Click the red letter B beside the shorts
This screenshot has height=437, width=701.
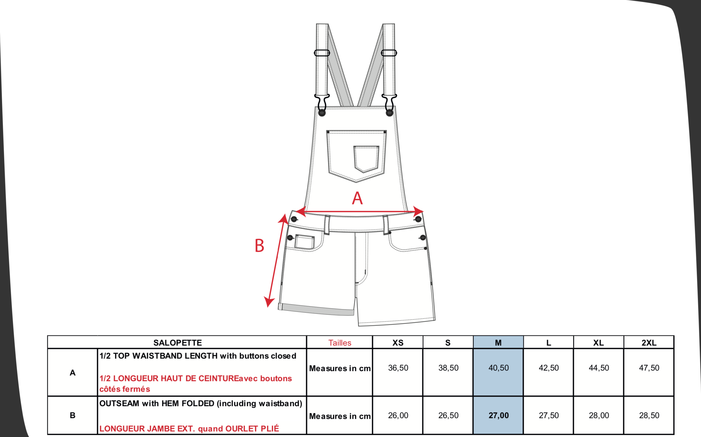(259, 246)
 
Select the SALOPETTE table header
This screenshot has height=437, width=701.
(177, 343)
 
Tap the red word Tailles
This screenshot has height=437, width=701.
(340, 343)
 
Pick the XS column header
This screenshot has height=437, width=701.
(398, 343)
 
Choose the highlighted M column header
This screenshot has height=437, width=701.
(498, 343)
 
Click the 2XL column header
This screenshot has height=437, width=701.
(649, 343)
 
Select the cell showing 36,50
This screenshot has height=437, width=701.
(398, 368)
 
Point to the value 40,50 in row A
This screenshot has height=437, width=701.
(499, 368)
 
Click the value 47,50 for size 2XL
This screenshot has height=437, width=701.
(649, 368)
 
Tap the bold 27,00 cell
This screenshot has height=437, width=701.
(499, 416)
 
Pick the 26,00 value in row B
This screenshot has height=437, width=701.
(398, 416)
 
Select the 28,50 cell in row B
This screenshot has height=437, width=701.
(649, 416)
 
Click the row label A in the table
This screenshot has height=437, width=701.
(73, 373)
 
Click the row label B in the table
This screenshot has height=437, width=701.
(73, 415)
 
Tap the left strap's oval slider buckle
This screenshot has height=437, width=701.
(322, 53)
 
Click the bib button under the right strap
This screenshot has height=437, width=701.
(389, 113)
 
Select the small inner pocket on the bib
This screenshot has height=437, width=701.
(366, 159)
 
